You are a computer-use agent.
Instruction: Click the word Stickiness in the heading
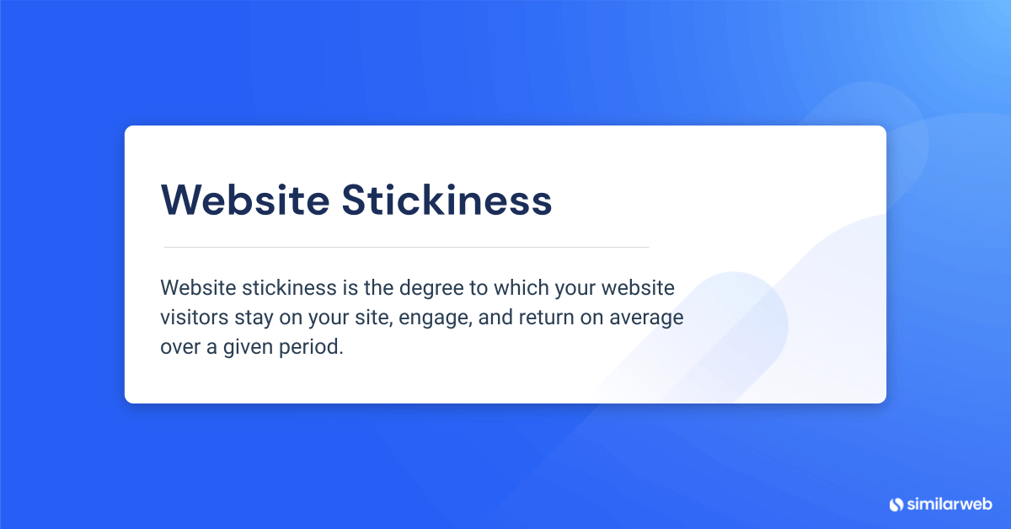point(447,200)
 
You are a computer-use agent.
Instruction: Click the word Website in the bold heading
point(245,200)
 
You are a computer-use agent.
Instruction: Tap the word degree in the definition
point(431,289)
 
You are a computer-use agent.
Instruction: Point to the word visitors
point(194,317)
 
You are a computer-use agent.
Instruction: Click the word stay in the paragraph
point(254,318)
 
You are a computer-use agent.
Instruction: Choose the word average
point(646,318)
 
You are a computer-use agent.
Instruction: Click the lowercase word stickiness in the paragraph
point(289,287)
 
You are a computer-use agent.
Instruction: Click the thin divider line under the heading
point(406,248)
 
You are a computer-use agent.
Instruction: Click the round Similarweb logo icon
point(896,505)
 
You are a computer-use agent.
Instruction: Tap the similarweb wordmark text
point(949,505)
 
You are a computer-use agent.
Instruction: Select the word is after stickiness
point(350,287)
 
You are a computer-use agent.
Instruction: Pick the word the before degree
point(378,287)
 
